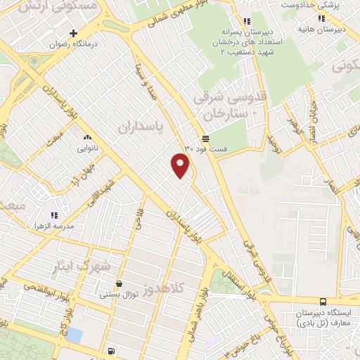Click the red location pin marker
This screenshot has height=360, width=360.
coord(181,165)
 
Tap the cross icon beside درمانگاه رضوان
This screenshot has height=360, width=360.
coord(73,33)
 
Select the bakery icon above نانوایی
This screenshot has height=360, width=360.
coord(87,138)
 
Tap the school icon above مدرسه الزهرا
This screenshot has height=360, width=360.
coord(54,216)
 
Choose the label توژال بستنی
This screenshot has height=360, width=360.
coord(117,295)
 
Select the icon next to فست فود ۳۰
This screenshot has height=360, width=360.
coord(205,139)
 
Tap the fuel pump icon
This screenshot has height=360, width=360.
coord(112,351)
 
